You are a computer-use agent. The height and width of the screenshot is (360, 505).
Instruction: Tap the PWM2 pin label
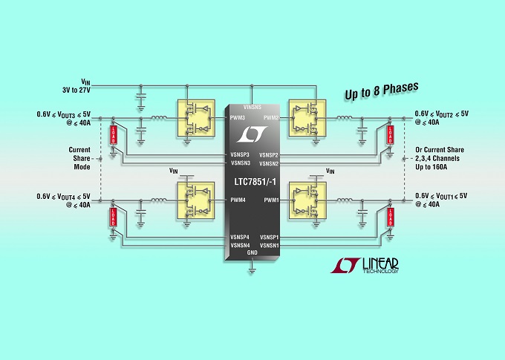tap(269, 117)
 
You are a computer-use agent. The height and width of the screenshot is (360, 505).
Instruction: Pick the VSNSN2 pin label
tap(269, 163)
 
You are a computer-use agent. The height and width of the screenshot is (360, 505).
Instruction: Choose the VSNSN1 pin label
tap(269, 245)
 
